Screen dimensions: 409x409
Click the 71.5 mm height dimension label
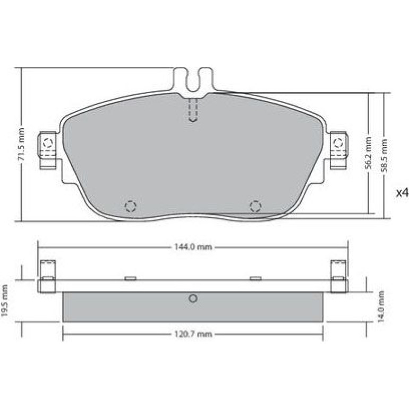tap(21, 144)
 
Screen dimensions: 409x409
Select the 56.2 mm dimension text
tap(368, 153)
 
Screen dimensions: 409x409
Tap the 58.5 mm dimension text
tap(384, 156)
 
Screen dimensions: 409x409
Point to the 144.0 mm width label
tap(193, 247)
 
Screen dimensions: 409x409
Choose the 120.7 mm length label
tap(193, 334)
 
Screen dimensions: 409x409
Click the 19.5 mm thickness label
tap(4, 301)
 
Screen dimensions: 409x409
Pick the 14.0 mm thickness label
tap(381, 307)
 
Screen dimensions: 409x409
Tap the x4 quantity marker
tap(402, 193)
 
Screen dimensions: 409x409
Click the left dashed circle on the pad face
tap(131, 207)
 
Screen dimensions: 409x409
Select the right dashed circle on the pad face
tap(255, 207)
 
